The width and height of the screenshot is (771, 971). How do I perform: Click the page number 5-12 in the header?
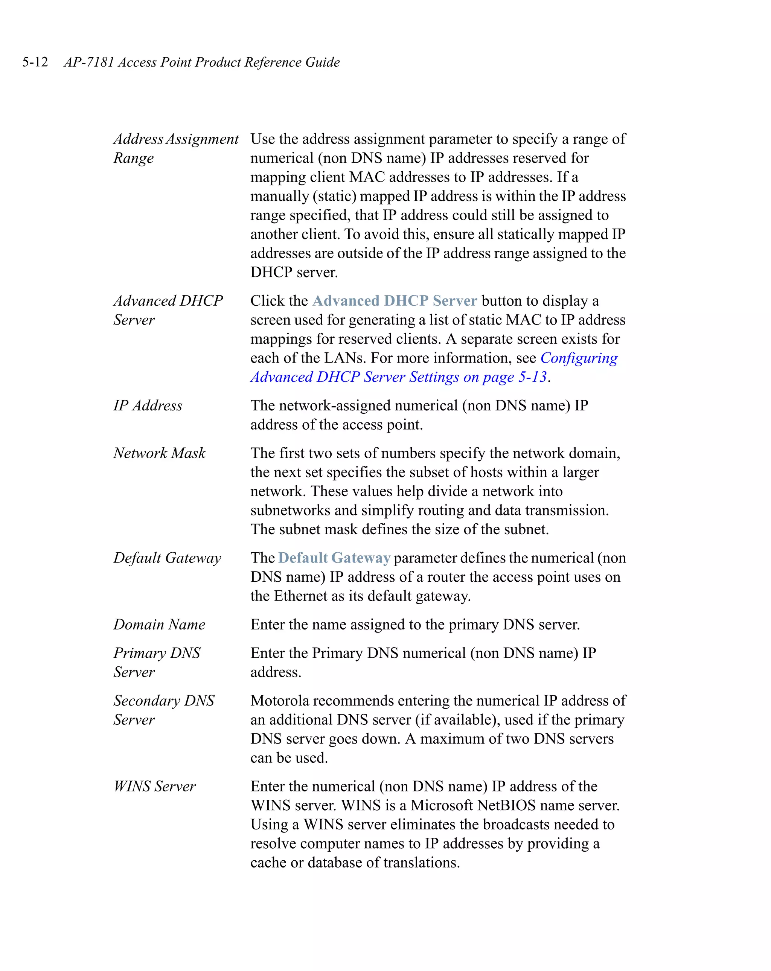tap(35, 62)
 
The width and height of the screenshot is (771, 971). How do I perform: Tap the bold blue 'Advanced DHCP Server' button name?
tap(395, 301)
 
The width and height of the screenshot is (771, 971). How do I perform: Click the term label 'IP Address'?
tap(148, 406)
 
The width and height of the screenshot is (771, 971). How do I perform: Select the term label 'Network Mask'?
tap(159, 453)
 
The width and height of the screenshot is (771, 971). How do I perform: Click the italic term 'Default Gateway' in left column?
tap(167, 558)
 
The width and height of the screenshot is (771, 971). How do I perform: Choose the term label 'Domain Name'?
tap(159, 625)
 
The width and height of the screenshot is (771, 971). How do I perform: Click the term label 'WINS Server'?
tap(154, 787)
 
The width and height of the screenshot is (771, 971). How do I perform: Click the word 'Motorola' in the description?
tap(280, 701)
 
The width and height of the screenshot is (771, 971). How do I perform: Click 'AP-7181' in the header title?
tap(89, 62)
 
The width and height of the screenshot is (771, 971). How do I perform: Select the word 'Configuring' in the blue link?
tap(579, 358)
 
